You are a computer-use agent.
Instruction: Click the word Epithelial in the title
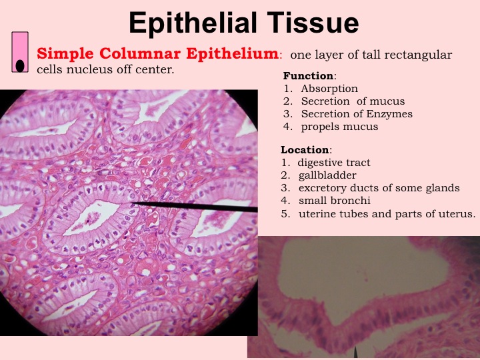point(193,23)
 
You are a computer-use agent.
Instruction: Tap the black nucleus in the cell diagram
point(20,66)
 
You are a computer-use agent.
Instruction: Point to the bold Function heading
point(309,75)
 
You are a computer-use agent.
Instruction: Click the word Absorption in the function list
point(329,89)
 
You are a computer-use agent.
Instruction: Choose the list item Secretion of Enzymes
point(357,114)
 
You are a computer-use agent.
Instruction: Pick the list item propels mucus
point(339,127)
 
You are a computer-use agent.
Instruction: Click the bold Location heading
point(305,150)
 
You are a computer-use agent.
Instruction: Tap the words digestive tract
point(334,163)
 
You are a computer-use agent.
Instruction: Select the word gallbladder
point(327,175)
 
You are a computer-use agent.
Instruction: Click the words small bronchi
point(334,201)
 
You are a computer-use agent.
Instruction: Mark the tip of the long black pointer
point(132,203)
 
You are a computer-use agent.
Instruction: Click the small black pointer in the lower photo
point(355,353)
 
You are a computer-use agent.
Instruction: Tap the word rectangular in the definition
point(418,55)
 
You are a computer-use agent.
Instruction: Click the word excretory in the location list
point(323,188)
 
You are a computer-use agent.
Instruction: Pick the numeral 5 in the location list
point(285,213)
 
